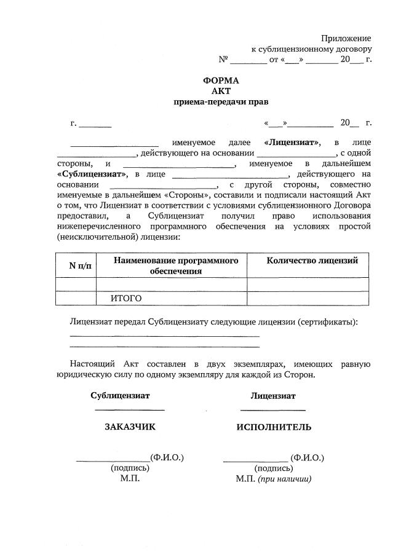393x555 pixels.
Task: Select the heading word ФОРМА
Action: point(221,81)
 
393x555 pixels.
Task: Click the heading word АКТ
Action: point(220,91)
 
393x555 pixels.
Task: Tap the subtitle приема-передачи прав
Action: point(221,102)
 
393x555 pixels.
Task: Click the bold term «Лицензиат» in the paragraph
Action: point(292,142)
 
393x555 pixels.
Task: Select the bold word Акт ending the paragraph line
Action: point(363,195)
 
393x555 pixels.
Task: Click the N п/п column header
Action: point(76,265)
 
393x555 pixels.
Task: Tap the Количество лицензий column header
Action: point(312,261)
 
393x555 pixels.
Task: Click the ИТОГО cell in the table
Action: point(126,298)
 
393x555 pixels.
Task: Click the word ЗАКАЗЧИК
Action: point(130,427)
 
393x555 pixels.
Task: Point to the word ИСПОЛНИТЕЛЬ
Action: point(274,427)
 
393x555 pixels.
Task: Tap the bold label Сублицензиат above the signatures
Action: point(120,396)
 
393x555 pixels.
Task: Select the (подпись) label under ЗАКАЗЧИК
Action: point(130,468)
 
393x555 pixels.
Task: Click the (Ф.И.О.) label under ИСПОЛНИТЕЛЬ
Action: point(308,457)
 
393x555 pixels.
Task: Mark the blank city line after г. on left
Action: point(95,124)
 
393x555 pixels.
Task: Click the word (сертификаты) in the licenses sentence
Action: point(327,321)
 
